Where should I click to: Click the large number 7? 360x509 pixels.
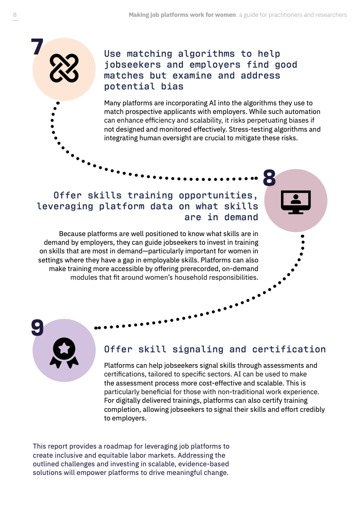[x=37, y=47]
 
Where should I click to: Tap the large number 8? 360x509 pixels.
[x=269, y=178]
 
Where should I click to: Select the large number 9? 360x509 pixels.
[x=37, y=327]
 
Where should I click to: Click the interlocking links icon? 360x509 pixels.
[x=64, y=68]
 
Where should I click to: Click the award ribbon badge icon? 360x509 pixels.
[x=64, y=353]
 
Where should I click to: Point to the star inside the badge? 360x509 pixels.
[x=64, y=348]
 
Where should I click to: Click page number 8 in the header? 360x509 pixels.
[x=15, y=15]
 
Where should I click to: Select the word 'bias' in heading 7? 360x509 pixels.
[x=173, y=86]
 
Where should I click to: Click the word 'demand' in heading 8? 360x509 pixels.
[x=241, y=217]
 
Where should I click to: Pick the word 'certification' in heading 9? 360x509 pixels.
[x=289, y=349]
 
